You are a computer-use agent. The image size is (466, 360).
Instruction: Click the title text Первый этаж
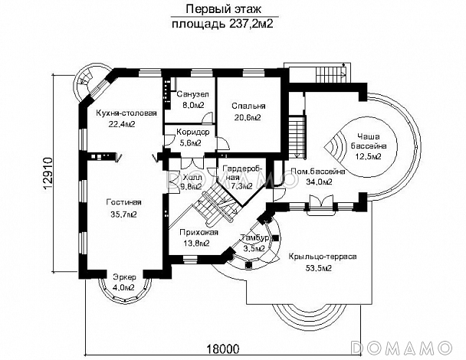[x=219, y=9]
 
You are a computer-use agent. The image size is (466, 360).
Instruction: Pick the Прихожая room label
[x=199, y=232]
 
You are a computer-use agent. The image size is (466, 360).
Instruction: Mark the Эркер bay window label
[x=123, y=277]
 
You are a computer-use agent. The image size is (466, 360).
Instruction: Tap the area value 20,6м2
[x=247, y=118]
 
